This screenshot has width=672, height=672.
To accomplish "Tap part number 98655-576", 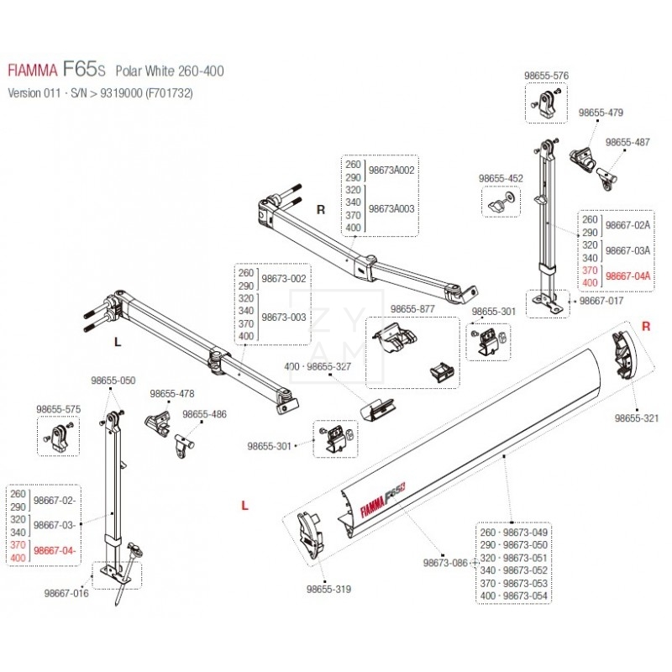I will coord(546,76).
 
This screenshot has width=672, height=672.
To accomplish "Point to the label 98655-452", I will coord(501,178).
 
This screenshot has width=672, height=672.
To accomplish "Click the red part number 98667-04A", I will coord(629,275).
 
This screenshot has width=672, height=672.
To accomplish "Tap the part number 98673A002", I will coord(393,171).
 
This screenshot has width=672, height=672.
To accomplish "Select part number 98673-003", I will coord(285,318).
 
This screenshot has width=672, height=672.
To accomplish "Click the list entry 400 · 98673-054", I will coord(514,596).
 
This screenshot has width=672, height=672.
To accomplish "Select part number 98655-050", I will coord(113,381).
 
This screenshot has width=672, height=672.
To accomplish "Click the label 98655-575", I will coord(58,409).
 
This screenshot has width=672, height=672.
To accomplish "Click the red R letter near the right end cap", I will coord(645,325).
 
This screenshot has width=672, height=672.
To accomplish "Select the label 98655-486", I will coord(205,414).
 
